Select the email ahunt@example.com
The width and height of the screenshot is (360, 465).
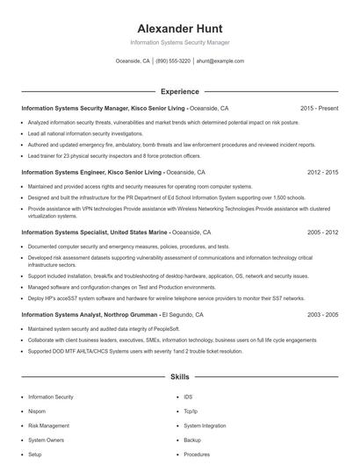(220, 61)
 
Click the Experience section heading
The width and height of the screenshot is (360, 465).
(179, 91)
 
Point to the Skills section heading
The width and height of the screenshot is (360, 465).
(179, 377)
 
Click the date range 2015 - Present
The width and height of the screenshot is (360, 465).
(319, 109)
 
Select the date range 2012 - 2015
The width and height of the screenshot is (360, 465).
(322, 173)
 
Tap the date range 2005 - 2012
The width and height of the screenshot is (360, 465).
(322, 233)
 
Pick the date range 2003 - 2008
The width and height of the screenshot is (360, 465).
(322, 314)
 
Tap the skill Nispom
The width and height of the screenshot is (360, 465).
(37, 411)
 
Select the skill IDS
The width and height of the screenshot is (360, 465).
(189, 397)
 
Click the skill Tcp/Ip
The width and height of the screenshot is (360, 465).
(191, 411)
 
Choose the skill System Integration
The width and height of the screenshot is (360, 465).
(204, 426)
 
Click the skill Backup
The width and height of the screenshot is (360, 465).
(192, 440)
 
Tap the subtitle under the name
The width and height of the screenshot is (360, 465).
(179, 42)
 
